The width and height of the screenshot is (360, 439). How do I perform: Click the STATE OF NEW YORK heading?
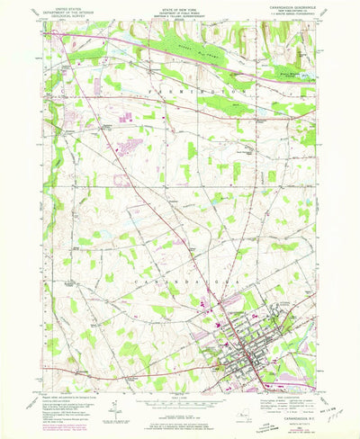tap(180, 7)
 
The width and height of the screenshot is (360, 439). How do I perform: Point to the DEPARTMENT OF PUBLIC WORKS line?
tap(180, 11)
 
